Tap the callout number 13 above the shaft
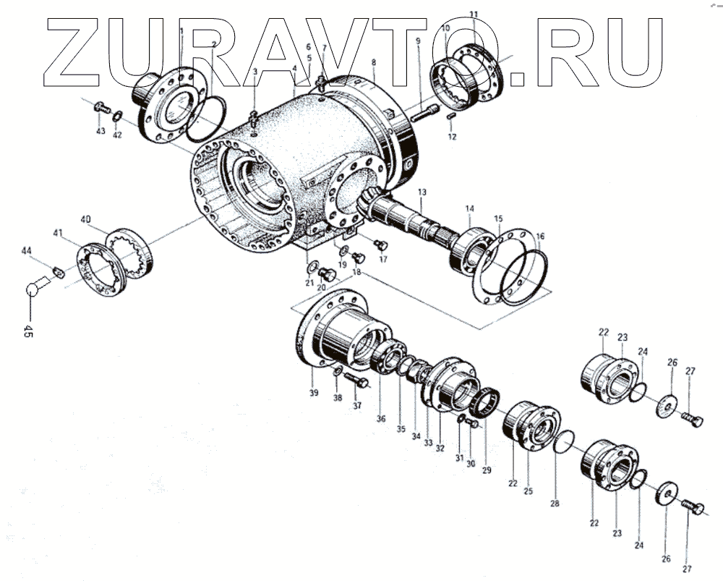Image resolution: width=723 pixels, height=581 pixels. coord(422,192)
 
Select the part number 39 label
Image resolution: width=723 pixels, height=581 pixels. coord(313,393)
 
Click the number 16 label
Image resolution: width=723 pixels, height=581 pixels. coord(540,237)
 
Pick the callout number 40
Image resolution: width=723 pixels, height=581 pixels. coord(85,219)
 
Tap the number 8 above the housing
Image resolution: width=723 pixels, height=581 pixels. coord(374,63)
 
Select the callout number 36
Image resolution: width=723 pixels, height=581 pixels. coord(380,419)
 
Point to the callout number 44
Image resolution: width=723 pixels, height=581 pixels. coord(27,250)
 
